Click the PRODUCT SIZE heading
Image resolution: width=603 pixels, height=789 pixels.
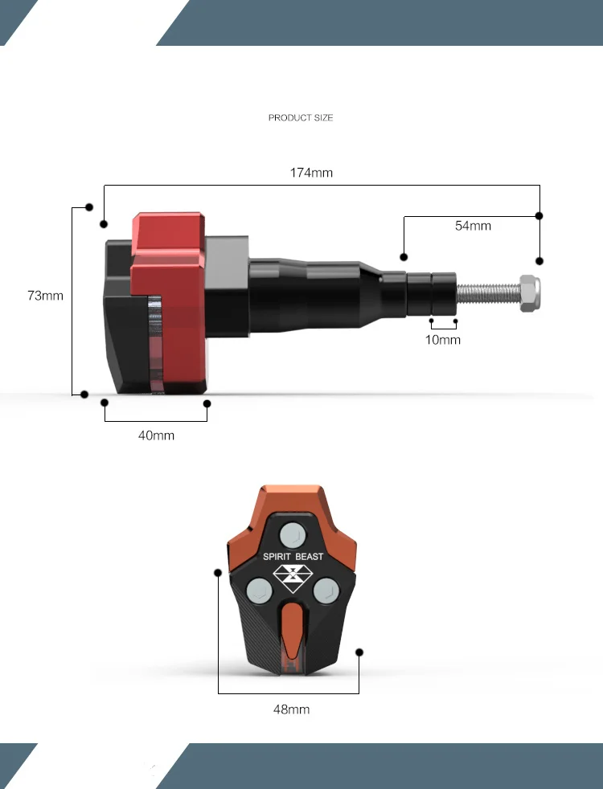(301, 118)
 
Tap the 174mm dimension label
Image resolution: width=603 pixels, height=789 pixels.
(311, 173)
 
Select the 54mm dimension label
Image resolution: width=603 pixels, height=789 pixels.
(473, 226)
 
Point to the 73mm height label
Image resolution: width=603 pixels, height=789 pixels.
(45, 296)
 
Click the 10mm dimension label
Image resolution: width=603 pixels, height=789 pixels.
(443, 340)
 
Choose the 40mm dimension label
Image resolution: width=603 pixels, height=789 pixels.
(156, 435)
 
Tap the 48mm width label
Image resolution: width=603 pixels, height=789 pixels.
(291, 709)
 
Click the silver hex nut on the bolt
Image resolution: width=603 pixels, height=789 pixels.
(530, 293)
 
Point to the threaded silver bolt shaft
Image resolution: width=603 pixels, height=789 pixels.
(488, 293)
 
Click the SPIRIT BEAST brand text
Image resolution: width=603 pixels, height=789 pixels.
(293, 557)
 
